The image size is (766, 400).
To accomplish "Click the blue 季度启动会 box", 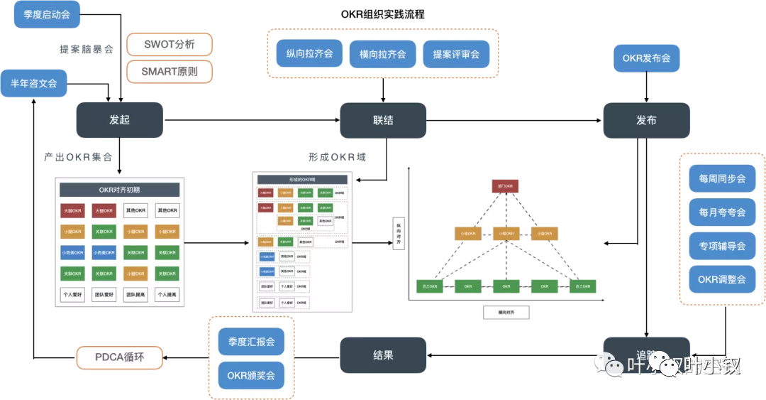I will [47, 14].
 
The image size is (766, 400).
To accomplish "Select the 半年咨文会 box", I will [33, 83].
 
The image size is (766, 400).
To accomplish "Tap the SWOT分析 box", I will [170, 45].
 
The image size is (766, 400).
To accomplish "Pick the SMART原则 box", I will [170, 72].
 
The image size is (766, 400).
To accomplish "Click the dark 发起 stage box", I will [119, 120].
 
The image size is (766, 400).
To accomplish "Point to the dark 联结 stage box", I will [383, 120].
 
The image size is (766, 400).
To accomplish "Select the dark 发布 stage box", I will [646, 120].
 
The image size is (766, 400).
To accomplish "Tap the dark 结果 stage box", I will [383, 355].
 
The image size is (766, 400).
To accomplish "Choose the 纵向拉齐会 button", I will [309, 54].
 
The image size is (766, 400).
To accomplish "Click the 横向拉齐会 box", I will [382, 54].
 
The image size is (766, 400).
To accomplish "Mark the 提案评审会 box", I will [456, 54].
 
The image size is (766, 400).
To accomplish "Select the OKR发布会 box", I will [646, 58].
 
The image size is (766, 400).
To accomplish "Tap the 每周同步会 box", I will [722, 179].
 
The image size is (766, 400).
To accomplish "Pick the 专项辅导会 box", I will [722, 246].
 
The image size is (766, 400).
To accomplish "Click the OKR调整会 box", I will [722, 279].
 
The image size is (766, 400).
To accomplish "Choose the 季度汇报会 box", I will [251, 342].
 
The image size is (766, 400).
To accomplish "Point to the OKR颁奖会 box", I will [251, 374].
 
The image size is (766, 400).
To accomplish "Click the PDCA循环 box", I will [119, 357].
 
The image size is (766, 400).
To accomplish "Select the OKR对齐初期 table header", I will [119, 190].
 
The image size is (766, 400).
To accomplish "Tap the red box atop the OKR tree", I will [506, 186].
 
